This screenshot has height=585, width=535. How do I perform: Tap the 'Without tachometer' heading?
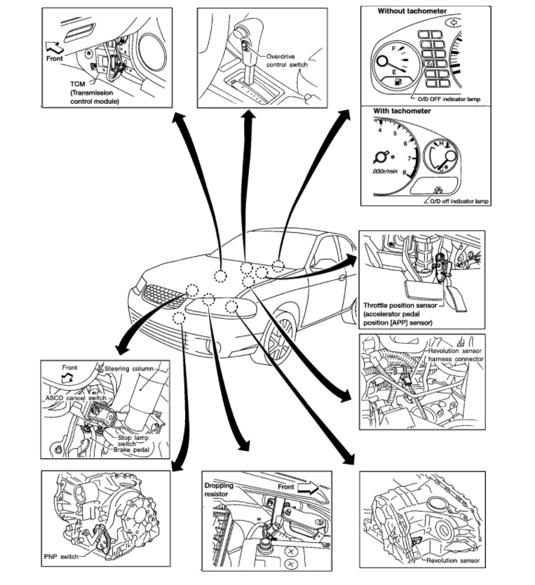coord(412,11)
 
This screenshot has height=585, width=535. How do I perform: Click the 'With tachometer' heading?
coord(404,111)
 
